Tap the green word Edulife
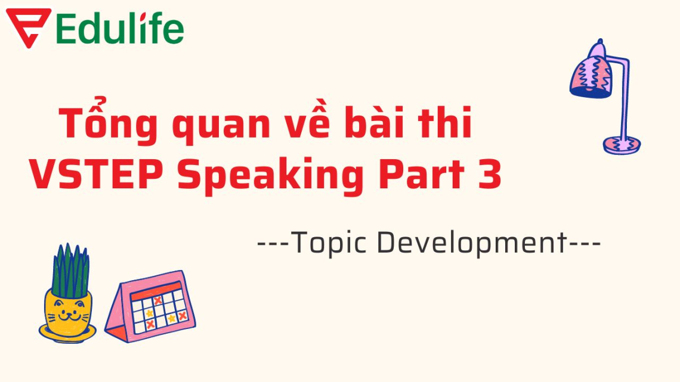(x=120, y=29)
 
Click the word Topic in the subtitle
(x=326, y=244)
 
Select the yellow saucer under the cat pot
(x=67, y=334)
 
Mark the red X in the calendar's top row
(x=157, y=300)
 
